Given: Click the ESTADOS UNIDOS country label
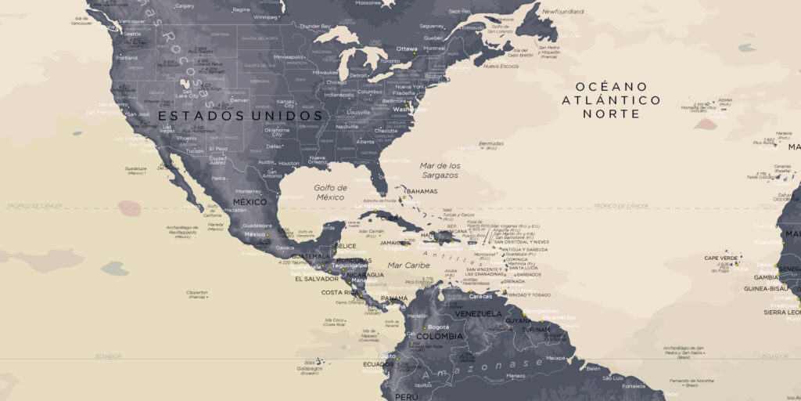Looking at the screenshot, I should coord(241,116).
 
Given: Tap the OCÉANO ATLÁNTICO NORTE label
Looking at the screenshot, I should coord(611,99).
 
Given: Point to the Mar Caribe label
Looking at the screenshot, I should coord(409,266).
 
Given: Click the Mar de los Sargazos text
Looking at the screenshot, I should coord(440,170).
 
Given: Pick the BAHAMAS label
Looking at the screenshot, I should coord(422,191).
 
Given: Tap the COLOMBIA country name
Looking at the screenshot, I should coord(439,337).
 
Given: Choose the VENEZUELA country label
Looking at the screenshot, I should coord(477,314).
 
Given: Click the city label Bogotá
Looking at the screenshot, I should coord(439,327).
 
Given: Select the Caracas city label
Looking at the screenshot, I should coord(481,297).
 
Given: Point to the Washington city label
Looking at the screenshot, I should coord(411,110).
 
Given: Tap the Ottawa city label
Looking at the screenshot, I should coord(407,49).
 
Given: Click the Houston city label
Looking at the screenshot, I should coord(289,163).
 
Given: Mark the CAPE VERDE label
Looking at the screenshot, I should coord(721,258).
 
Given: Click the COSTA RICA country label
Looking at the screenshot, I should coord(340,293).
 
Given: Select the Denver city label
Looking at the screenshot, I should coord(239,100).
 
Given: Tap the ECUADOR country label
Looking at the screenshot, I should coord(379,364).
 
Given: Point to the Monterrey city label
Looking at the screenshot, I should coord(249,191).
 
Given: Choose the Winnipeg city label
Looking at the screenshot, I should coord(266,16).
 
